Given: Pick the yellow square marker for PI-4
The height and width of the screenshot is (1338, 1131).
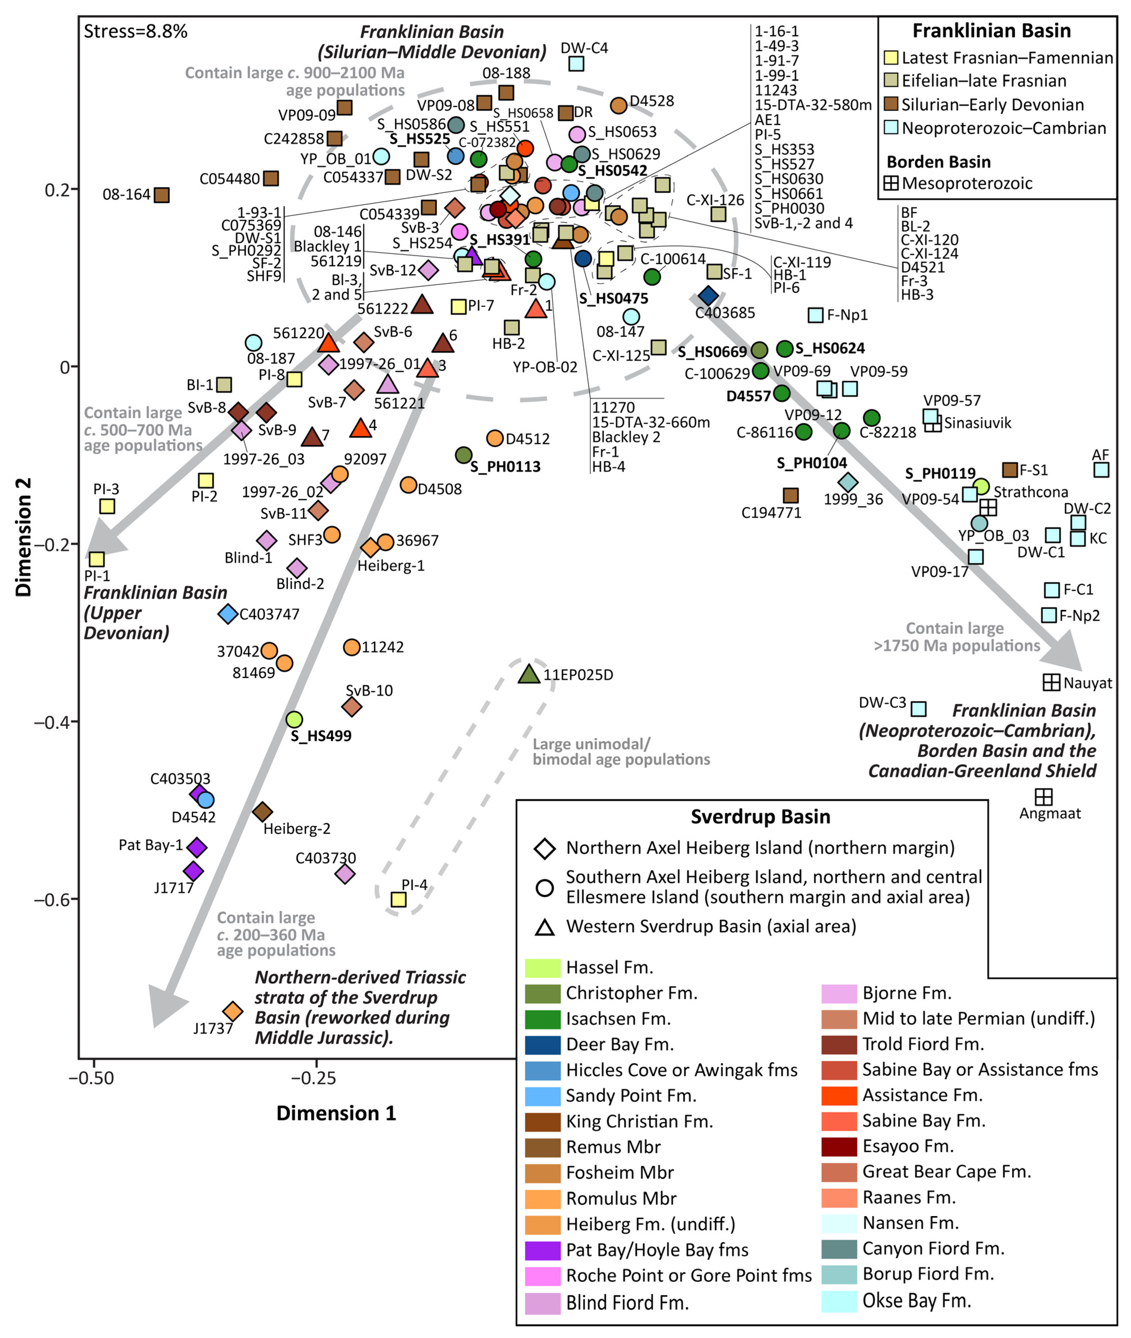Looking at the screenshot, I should [398, 899].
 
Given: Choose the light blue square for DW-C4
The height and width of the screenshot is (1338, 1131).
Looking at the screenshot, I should [576, 64].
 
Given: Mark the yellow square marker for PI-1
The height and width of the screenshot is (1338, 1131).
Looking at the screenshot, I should [96, 559].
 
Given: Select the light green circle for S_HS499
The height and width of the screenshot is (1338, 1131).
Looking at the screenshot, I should [294, 719].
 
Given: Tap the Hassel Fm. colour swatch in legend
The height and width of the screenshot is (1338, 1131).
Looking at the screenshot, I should [542, 967].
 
